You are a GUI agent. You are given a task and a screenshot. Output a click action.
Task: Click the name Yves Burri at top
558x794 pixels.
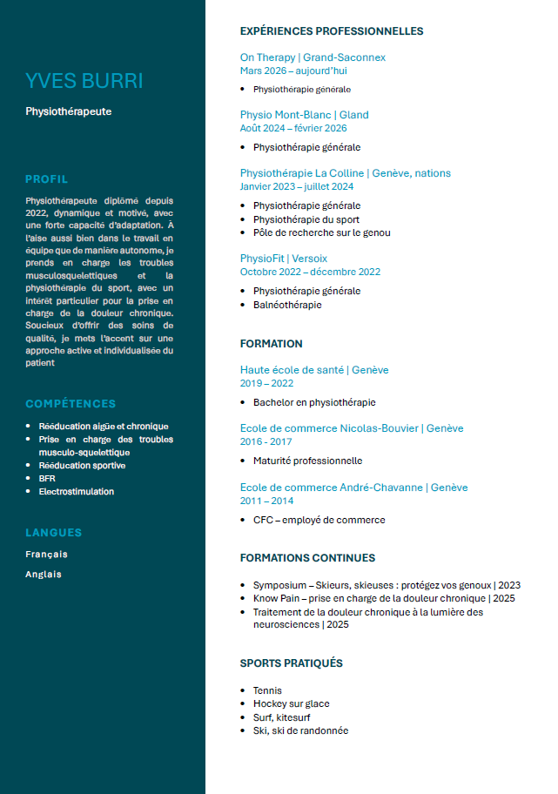[x=84, y=81]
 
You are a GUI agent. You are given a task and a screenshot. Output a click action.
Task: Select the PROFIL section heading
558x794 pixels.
[x=47, y=179]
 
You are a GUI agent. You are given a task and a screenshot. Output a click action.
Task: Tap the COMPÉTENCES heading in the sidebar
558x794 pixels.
[x=71, y=404]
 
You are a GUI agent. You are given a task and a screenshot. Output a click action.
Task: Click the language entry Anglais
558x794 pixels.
[x=44, y=574]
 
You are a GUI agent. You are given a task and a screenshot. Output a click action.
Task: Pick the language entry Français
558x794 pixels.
[x=46, y=554]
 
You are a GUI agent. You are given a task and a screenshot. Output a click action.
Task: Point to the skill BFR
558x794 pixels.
[x=47, y=478]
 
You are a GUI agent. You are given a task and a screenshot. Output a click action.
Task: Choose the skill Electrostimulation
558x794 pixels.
[x=76, y=491]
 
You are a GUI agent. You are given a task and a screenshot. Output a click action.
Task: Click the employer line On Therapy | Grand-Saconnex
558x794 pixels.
[x=313, y=57]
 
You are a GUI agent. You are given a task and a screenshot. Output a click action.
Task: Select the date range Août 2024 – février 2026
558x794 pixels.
[x=293, y=128]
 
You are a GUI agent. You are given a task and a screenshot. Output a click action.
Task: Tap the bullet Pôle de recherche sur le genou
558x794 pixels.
[x=321, y=232]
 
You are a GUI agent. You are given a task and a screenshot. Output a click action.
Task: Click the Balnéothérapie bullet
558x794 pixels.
[x=287, y=305]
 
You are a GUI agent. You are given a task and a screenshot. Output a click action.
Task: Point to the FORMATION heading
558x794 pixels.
[x=272, y=344]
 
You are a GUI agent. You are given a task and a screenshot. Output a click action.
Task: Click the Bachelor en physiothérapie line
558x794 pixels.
[x=314, y=402]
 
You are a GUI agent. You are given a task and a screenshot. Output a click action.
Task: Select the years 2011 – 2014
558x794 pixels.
[x=266, y=501]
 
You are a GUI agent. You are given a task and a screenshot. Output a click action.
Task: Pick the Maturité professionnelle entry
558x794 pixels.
[x=307, y=461]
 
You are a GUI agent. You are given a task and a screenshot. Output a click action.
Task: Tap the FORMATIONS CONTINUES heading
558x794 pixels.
[x=307, y=558]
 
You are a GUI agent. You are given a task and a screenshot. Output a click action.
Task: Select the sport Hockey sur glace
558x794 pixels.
[x=291, y=703]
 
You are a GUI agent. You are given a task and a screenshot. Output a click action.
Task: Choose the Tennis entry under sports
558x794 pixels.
[x=267, y=690]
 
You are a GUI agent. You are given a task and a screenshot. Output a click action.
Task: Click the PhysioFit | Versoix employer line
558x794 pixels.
[x=284, y=259]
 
